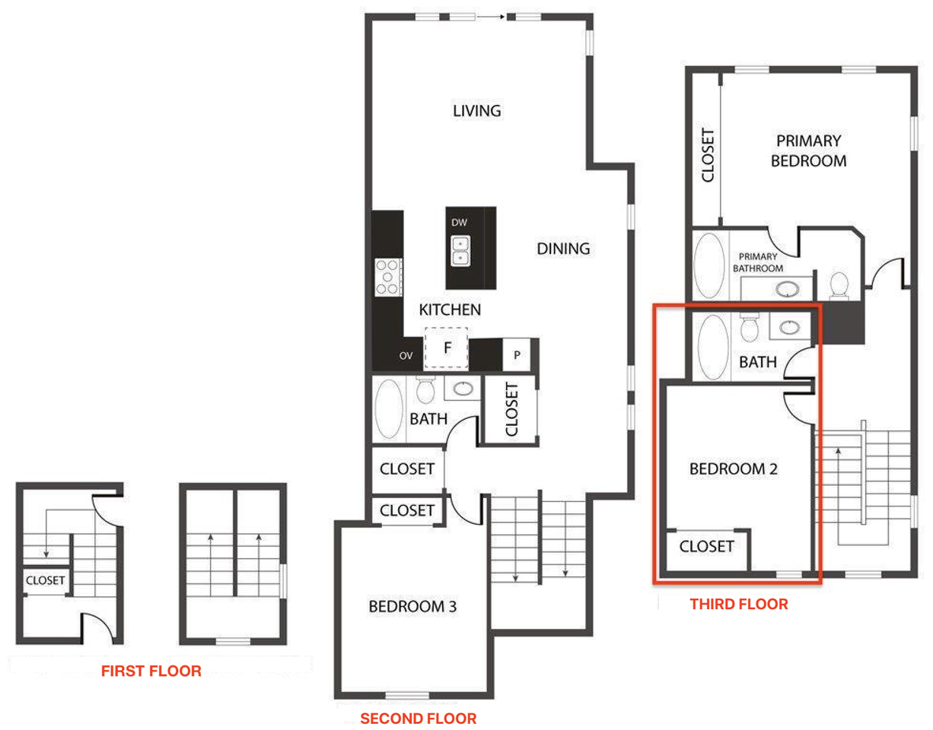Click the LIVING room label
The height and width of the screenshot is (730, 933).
coord(476,111)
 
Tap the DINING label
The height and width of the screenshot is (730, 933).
coord(563,249)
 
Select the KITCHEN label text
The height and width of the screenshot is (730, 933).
coord(450,310)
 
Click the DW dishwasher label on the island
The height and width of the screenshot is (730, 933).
coord(459,223)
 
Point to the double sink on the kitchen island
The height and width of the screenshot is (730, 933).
coord(460,251)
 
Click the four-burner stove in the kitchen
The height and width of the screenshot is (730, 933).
coord(388,277)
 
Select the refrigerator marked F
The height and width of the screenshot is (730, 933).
coord(447,348)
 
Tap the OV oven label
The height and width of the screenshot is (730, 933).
coord(407,356)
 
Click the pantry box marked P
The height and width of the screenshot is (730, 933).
coord(517,355)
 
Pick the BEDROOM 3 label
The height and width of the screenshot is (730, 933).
coord(412,607)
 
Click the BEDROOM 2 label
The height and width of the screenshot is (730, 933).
coord(733,469)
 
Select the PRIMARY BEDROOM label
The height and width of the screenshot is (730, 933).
coord(808,151)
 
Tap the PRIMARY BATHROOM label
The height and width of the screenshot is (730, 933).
coord(757,262)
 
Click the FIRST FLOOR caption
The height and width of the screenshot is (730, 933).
coord(151,671)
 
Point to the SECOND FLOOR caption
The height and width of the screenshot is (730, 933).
coord(418,719)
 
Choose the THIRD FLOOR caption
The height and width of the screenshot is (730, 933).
coord(738,605)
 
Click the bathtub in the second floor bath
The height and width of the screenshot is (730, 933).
coord(390,409)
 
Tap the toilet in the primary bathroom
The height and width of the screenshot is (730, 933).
coord(839,284)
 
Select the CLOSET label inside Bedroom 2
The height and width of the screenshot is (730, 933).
coord(706,546)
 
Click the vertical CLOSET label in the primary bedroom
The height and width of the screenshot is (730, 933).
coord(707,156)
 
